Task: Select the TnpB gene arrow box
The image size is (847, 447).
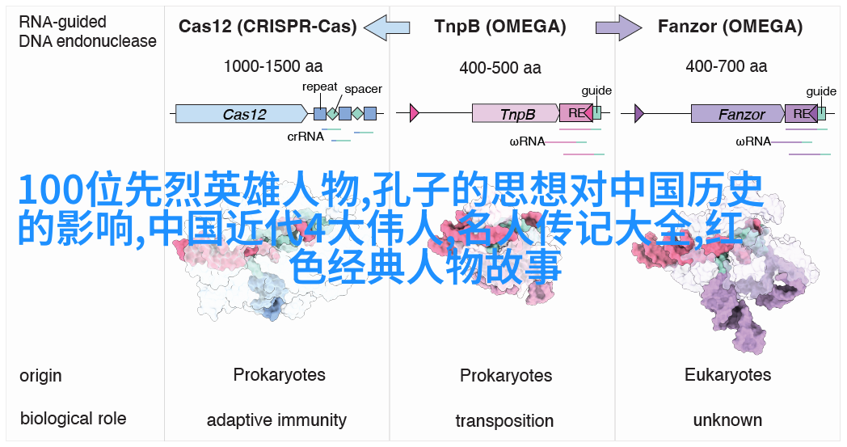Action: [516, 113]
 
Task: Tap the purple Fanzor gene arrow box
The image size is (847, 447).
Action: [737, 113]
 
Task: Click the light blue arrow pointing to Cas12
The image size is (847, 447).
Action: [387, 27]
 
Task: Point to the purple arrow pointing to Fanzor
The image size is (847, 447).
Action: [618, 27]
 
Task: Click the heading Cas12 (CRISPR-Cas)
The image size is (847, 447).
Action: [268, 27]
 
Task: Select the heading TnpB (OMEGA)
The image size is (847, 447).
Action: [500, 27]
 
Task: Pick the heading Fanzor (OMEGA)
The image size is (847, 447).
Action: [731, 27]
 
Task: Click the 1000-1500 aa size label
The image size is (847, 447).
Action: [273, 66]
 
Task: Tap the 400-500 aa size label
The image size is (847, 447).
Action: [500, 67]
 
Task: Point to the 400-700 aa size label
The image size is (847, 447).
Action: [727, 66]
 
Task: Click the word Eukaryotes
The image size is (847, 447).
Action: [727, 374]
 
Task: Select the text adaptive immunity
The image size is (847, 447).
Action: [276, 420]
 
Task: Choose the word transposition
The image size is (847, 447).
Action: [504, 420]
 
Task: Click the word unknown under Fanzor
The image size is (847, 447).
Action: [727, 420]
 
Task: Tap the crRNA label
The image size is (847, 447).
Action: [306, 137]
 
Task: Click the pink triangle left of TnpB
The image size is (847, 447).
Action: [415, 113]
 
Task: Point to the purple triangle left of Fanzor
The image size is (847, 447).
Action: [639, 113]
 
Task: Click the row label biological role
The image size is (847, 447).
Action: [73, 419]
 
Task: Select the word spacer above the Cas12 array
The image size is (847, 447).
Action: [363, 89]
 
